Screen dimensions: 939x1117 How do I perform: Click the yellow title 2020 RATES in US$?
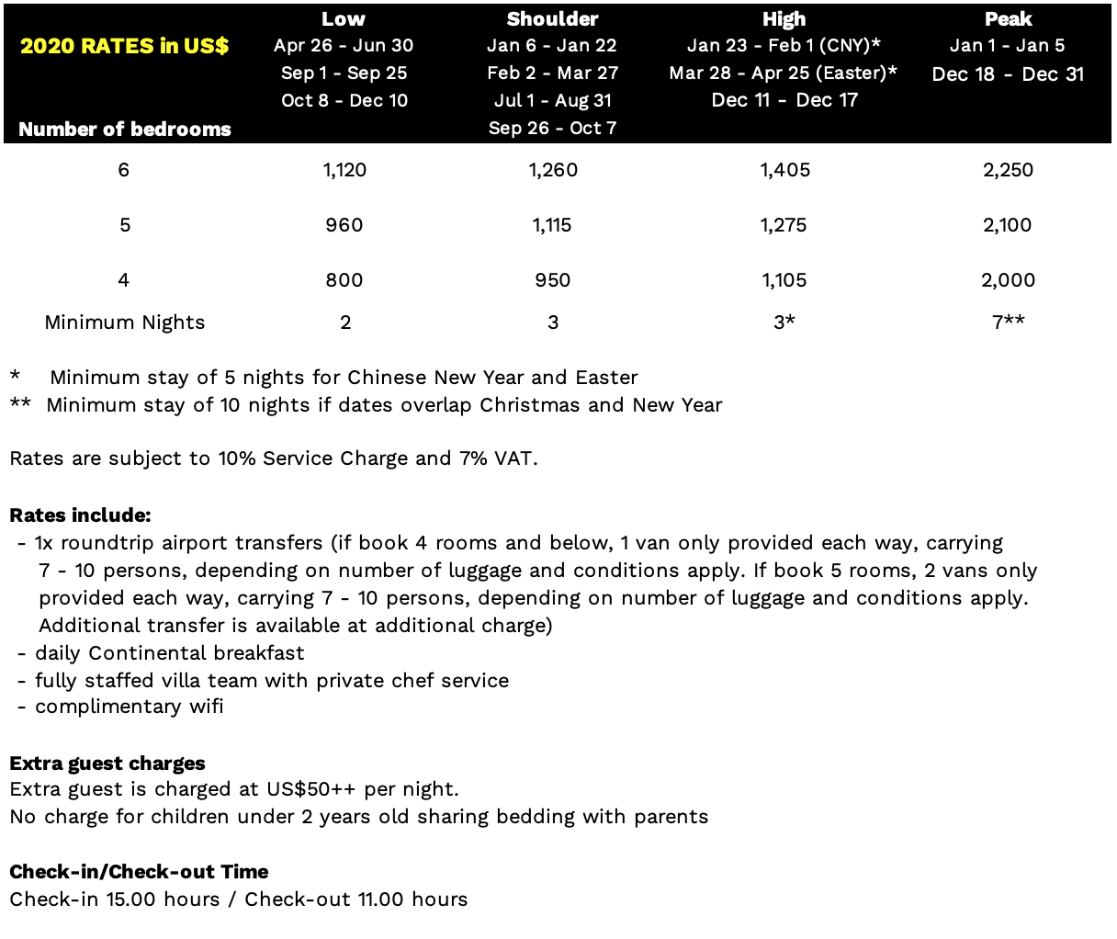pos(124,46)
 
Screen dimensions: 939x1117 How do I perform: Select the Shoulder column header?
pos(552,18)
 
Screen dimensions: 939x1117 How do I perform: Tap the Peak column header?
pos(1008,18)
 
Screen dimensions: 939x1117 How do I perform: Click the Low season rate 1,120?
pos(344,170)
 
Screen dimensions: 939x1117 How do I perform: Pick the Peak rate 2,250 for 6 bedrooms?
pos(1008,170)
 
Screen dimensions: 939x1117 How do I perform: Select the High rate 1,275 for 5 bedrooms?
pos(784,225)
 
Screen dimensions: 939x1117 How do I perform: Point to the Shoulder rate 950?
pos(552,280)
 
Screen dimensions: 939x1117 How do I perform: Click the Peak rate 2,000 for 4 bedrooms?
pos(1008,280)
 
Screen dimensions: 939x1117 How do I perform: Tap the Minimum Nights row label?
pos(125,322)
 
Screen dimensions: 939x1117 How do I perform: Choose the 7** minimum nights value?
pos(1008,322)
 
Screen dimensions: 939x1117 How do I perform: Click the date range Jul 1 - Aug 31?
pos(552,101)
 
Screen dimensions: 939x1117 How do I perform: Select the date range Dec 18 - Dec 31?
pos(1008,74)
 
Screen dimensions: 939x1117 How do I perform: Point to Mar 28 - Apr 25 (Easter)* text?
pos(783,74)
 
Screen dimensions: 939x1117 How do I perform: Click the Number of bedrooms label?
pos(125,130)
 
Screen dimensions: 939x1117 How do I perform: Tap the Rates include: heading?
pos(80,515)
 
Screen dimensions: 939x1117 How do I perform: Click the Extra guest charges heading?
pos(107,764)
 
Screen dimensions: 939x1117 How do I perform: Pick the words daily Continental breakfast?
pos(169,653)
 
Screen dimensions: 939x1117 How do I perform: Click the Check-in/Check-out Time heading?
pos(139,872)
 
